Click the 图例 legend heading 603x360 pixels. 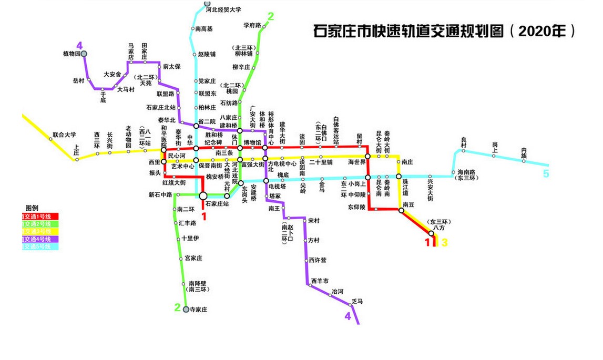click(32, 208)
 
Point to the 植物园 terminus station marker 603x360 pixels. click(84, 54)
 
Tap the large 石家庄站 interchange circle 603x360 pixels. click(203, 196)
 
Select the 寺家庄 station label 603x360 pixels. click(199, 310)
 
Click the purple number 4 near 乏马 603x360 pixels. click(348, 316)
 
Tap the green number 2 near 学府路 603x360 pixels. click(271, 17)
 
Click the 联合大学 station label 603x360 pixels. click(64, 135)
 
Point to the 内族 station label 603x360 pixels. click(524, 151)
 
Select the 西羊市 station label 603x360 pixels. click(319, 280)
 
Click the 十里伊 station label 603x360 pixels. click(190, 239)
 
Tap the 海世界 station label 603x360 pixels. click(356, 162)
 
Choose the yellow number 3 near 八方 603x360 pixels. click(444, 242)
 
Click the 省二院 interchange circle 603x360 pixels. click(196, 125)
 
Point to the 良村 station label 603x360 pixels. click(464, 142)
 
